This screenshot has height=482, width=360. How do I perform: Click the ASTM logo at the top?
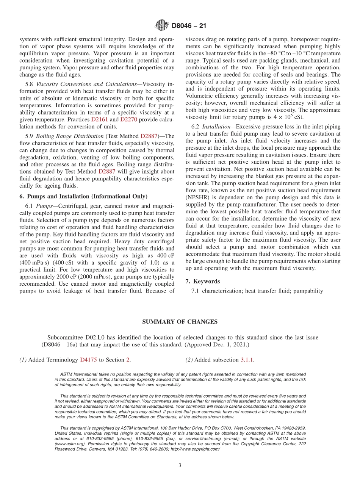point(162,26)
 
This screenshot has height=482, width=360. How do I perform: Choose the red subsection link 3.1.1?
point(247,360)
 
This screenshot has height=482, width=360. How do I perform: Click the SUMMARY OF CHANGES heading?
point(180,322)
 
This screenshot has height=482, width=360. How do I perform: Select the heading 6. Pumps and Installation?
point(83,196)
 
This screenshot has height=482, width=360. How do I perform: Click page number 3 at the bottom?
point(180,466)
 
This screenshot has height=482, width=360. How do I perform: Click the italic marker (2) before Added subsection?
point(189,360)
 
